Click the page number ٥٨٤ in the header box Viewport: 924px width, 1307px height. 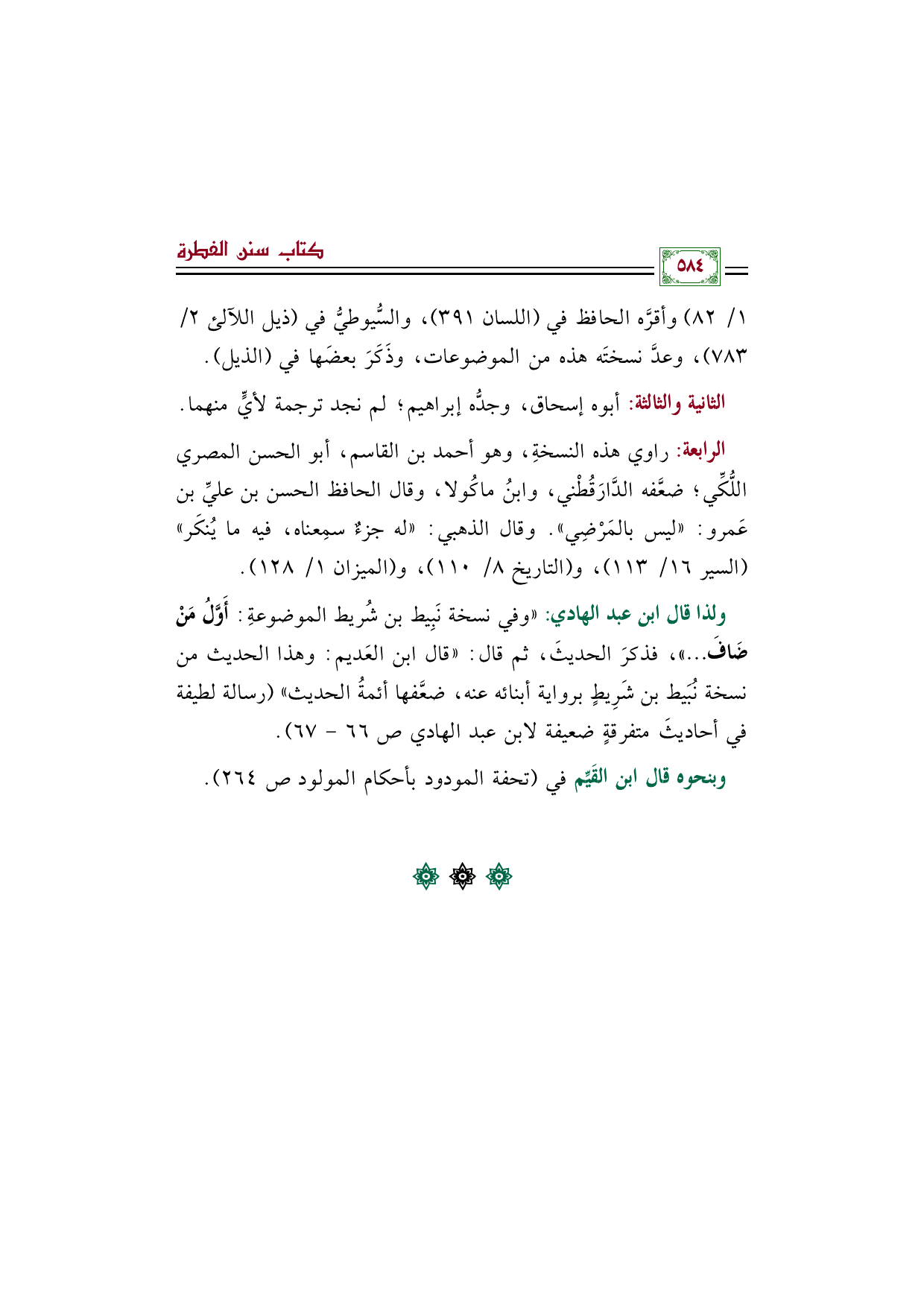[689, 266]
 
